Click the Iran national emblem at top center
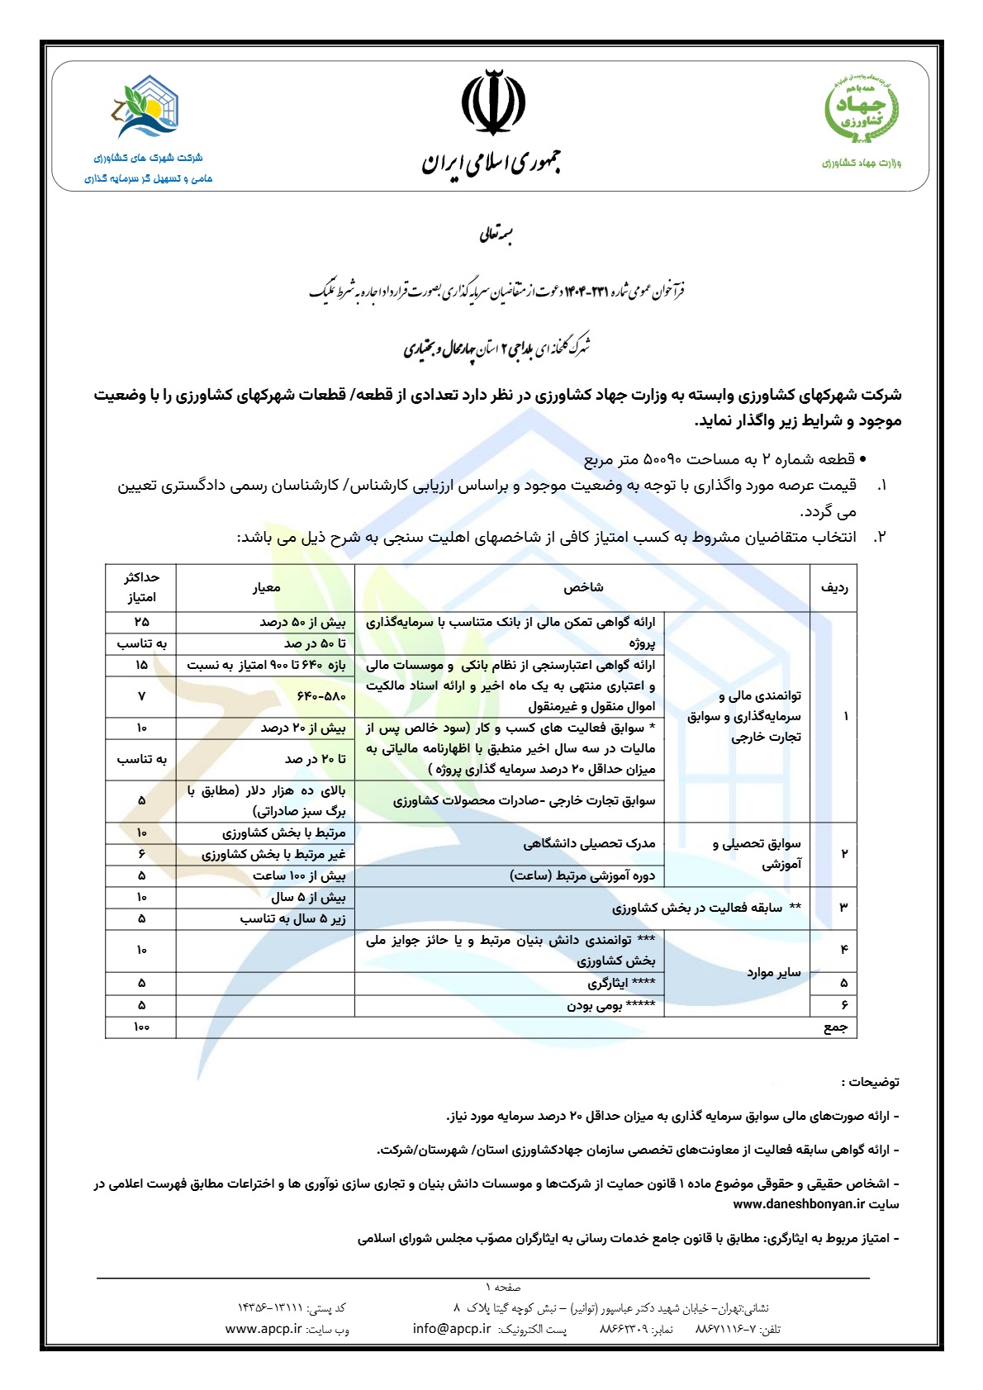point(492,102)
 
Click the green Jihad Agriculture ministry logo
point(862,109)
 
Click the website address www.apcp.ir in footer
point(263,1329)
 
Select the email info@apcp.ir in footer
point(451,1329)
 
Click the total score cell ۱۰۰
point(141,1027)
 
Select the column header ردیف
point(833,587)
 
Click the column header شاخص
point(583,587)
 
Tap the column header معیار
point(266,587)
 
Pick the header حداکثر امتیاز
point(141,587)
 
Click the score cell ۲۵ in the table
point(141,622)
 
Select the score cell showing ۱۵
point(141,665)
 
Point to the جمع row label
point(835,1027)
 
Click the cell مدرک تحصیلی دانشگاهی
point(588,843)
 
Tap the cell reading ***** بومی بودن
point(610,1005)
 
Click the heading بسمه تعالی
point(496,236)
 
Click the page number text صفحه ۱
point(503,1287)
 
